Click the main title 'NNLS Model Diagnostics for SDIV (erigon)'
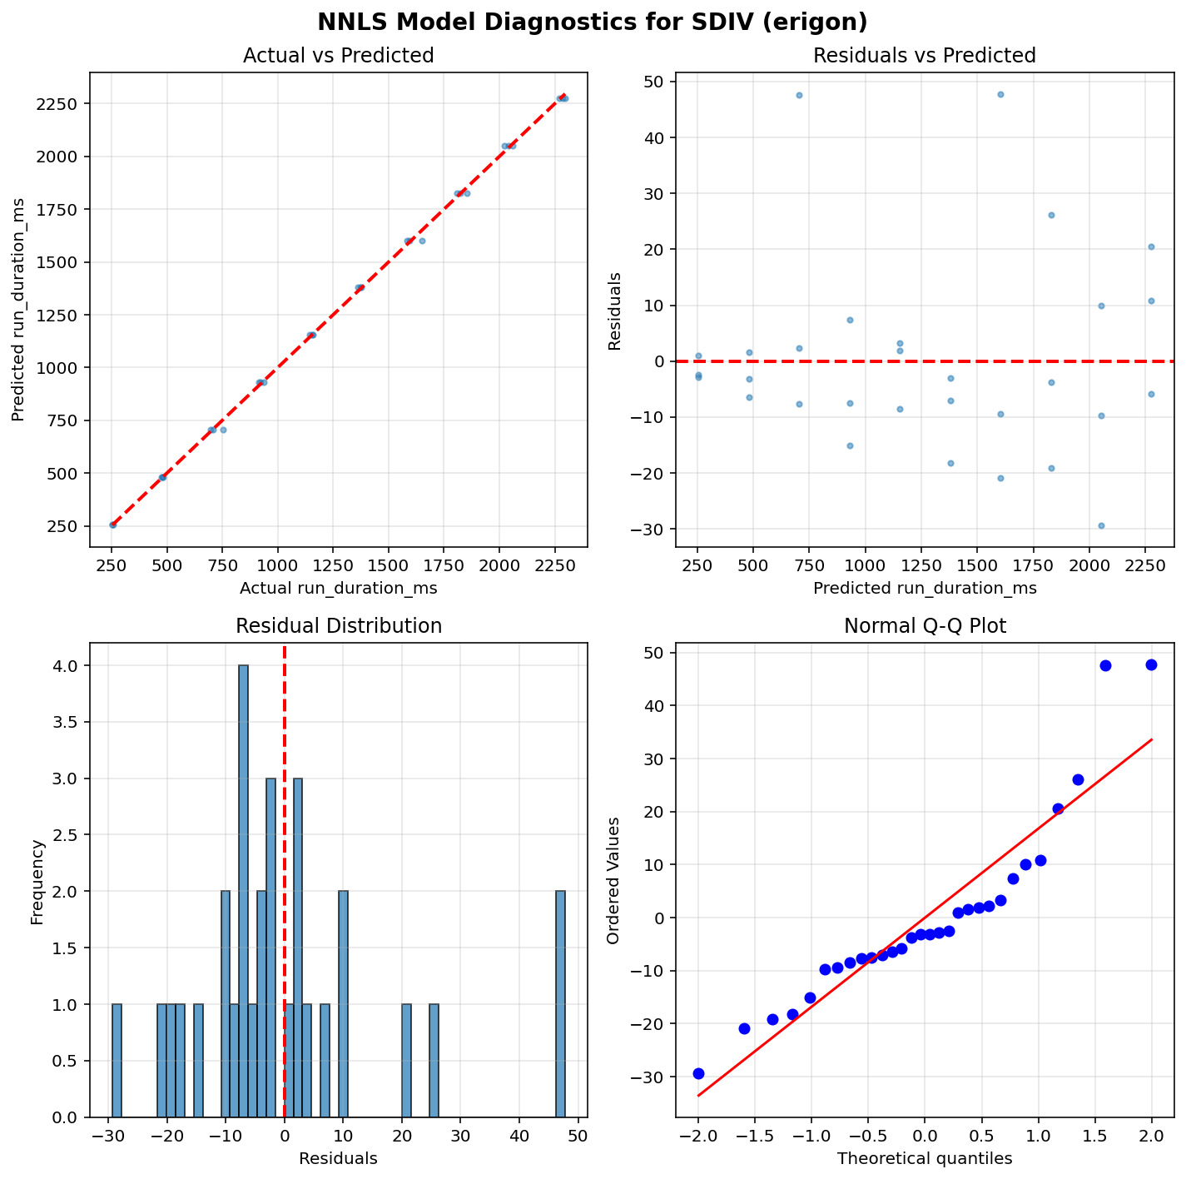(593, 22)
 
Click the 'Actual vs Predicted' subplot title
(338, 56)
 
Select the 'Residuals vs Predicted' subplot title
(924, 56)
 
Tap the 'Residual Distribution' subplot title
(338, 626)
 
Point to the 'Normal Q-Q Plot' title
(924, 626)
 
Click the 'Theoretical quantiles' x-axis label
(924, 1158)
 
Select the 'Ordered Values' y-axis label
(613, 880)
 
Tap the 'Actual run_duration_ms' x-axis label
(338, 589)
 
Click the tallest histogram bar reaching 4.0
(243, 891)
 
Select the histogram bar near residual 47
(560, 1003)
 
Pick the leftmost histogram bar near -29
(117, 1060)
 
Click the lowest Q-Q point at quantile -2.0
(698, 1073)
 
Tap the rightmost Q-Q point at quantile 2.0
(1151, 664)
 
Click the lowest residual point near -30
(1101, 525)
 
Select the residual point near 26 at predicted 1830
(1051, 215)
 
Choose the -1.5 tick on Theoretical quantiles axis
(754, 1137)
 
